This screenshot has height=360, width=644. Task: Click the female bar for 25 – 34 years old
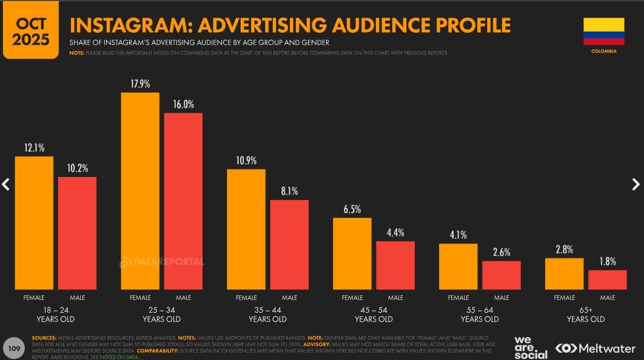140,191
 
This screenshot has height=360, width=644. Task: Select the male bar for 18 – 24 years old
77,233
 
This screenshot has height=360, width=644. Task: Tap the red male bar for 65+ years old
607,279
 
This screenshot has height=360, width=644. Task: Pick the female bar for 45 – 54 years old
352,253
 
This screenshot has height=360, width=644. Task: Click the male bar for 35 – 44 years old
289,244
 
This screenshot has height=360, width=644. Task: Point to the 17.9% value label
140,84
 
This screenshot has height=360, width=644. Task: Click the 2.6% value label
501,252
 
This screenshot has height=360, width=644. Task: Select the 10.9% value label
246,161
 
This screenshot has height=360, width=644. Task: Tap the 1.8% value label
607,262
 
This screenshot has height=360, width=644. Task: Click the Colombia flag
603,32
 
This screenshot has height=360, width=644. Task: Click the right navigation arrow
636,184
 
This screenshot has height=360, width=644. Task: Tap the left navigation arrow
6,184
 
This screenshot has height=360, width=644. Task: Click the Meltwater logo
595,348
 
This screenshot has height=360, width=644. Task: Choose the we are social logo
531,347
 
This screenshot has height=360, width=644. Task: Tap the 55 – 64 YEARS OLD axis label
480,315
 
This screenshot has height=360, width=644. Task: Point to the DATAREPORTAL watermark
162,262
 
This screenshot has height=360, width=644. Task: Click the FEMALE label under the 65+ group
565,298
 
